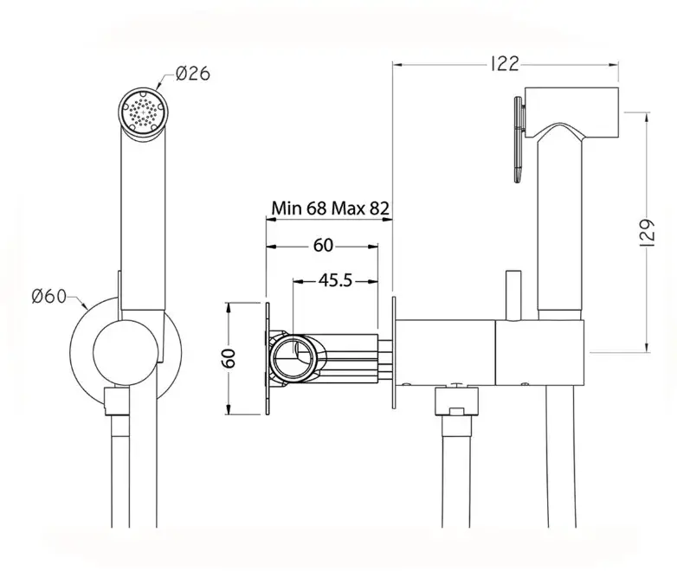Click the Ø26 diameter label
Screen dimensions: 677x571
[193, 74]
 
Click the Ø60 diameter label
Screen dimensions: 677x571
[48, 297]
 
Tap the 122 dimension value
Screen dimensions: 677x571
[505, 64]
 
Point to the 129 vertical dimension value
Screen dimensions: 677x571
[647, 233]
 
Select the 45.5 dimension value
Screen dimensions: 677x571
[336, 280]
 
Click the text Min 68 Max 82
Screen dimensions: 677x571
[331, 208]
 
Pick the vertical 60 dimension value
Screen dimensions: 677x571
[229, 358]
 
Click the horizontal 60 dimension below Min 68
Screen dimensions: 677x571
[324, 246]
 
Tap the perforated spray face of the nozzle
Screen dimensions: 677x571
[143, 111]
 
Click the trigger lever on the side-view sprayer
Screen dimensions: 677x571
[519, 139]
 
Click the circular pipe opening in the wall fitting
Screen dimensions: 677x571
[293, 355]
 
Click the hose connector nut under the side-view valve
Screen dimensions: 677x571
[457, 402]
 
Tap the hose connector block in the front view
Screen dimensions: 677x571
[117, 401]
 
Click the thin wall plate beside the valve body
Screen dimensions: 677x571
[394, 352]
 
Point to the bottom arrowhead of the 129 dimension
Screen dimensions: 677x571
[647, 348]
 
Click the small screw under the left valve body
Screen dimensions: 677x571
[406, 383]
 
